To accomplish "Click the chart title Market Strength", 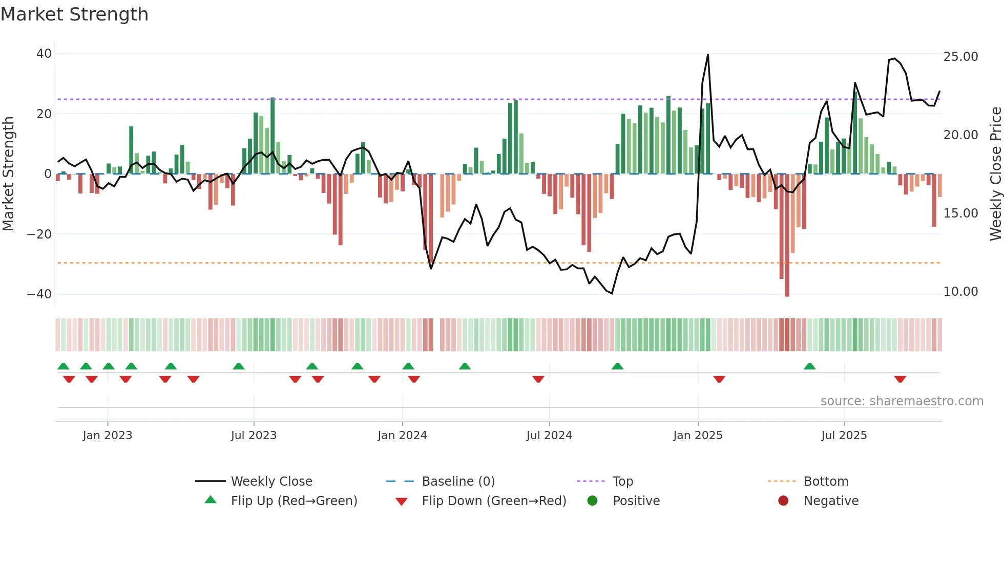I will point(74,14).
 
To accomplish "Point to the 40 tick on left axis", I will point(44,54).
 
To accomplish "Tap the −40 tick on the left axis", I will point(39,294).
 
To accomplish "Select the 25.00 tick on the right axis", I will point(960,57).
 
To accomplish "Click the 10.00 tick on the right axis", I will point(960,292).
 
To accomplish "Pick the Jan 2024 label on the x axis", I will point(402,436).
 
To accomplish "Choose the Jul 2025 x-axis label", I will point(844,436).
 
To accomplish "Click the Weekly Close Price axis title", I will point(995,174).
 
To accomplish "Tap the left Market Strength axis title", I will point(9,174).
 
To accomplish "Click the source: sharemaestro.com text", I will point(902,401).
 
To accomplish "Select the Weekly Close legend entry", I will point(271,482).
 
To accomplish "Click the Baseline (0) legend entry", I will point(458,482).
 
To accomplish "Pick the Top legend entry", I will point(623,482).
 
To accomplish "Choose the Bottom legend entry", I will point(826,482).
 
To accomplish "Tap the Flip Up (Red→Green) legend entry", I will point(294,501).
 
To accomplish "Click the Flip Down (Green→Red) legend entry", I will point(494,501).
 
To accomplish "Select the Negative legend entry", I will point(831,501).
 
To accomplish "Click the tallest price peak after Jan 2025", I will point(708,55).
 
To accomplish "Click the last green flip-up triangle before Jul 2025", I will point(809,366).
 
